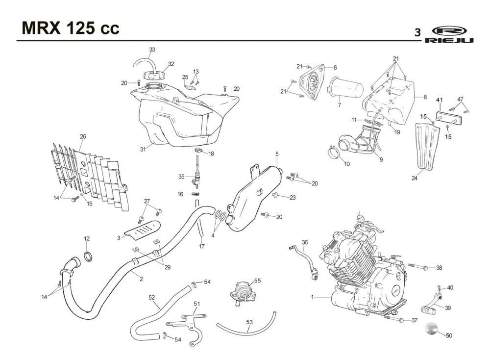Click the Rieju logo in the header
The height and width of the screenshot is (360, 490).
pos(449,34)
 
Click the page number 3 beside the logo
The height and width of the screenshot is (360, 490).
pos(417,32)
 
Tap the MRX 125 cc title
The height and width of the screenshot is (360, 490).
pos(71,28)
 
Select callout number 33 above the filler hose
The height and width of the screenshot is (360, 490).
pos(152,50)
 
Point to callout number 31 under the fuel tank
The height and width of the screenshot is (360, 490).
pos(143,150)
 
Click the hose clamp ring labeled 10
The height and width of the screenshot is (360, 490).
pos(336,151)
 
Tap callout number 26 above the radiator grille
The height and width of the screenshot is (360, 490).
pos(83,136)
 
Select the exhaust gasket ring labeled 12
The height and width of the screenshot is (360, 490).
pos(88,256)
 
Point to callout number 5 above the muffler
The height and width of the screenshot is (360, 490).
pos(277,154)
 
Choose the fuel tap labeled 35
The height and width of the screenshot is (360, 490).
pos(196,176)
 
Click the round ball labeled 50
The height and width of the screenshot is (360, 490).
pos(432,329)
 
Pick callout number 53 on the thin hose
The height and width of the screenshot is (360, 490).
pos(249,322)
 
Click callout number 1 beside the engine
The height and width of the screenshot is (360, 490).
pos(312,297)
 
